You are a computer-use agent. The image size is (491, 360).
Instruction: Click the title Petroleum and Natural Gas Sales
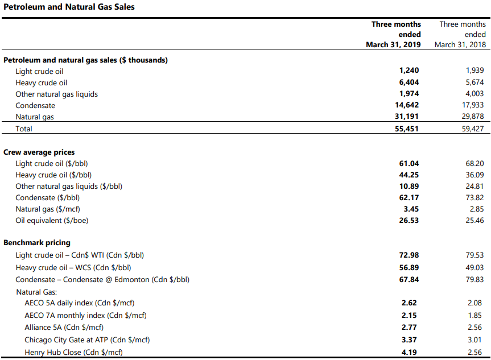[x=69, y=7]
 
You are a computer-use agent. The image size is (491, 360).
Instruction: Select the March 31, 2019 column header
[x=393, y=35]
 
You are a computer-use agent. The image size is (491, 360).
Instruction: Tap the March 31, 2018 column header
[x=460, y=35]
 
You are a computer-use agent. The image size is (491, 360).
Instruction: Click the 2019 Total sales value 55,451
[x=406, y=129]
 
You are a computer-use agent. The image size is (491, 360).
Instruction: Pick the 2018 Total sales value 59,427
[x=473, y=129]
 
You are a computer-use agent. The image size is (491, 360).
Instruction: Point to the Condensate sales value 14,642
[x=407, y=105]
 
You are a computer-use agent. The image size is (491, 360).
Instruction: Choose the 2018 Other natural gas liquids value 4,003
[x=475, y=94]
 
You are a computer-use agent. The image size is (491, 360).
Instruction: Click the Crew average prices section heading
[x=39, y=152]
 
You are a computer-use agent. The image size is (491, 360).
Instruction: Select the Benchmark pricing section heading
[x=37, y=243]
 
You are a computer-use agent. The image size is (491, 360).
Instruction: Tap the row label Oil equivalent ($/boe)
[x=52, y=221]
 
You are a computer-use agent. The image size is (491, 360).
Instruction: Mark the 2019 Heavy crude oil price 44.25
[x=409, y=175]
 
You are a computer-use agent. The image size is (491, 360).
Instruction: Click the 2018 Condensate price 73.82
[x=475, y=197]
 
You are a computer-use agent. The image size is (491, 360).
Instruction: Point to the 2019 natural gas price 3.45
[x=411, y=209]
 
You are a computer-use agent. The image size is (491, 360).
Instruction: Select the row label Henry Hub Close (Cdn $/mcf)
[x=73, y=353]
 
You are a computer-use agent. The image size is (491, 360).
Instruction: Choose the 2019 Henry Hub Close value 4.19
[x=409, y=352]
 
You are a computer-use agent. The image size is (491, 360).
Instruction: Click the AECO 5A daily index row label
[x=80, y=303]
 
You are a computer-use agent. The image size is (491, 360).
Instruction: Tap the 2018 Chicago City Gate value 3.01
[x=475, y=340]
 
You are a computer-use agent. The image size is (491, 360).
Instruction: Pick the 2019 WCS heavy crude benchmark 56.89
[x=409, y=268]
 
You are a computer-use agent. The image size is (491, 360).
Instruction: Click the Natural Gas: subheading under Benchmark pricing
[x=36, y=292]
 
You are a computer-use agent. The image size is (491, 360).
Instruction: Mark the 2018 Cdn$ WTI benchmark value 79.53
[x=475, y=255]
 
